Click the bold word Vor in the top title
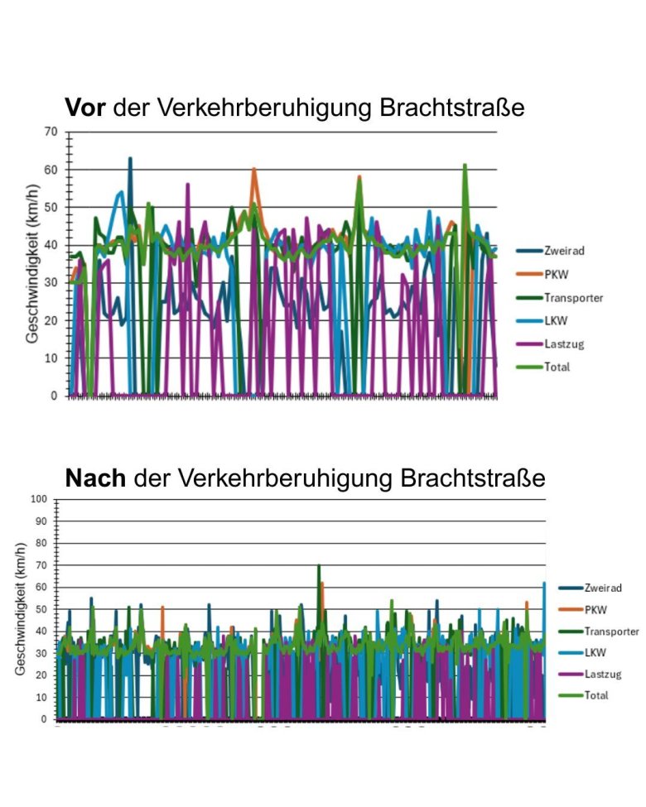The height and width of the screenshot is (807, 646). [x=86, y=108]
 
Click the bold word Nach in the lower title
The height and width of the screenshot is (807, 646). [x=94, y=478]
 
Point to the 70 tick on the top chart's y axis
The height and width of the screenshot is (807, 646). [x=51, y=132]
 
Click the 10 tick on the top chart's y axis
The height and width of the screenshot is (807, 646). [x=51, y=358]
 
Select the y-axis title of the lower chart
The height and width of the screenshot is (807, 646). [x=20, y=608]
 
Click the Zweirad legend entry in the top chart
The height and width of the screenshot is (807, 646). [x=565, y=251]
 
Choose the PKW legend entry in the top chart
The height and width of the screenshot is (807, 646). [x=556, y=274]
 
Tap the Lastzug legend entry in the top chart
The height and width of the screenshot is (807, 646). [x=563, y=343]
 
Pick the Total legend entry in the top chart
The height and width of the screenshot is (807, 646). [x=557, y=367]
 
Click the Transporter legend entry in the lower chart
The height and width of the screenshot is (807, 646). [x=611, y=631]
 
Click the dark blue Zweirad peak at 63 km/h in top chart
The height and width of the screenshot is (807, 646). [x=130, y=159]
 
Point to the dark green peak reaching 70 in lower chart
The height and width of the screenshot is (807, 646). [x=319, y=566]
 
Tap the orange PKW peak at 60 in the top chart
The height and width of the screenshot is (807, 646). [x=254, y=170]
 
